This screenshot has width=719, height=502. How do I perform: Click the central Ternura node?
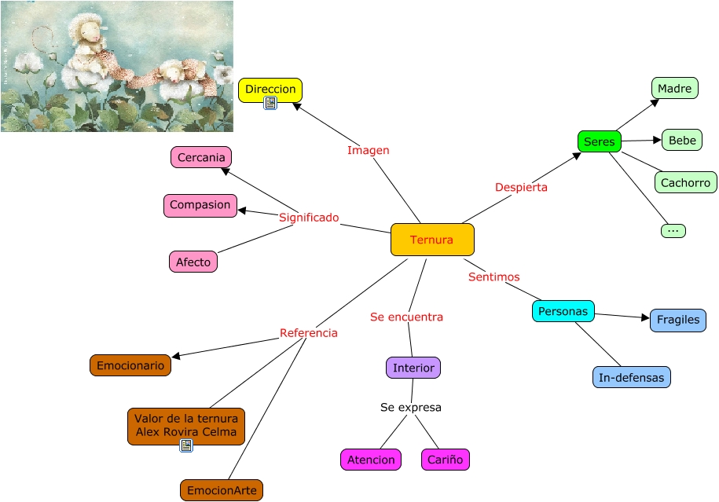pyautogui.click(x=432, y=240)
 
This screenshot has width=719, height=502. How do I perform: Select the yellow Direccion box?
pyautogui.click(x=270, y=88)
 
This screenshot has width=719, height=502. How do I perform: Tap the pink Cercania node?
pyautogui.click(x=201, y=157)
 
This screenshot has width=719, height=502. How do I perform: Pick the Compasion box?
pyautogui.click(x=200, y=205)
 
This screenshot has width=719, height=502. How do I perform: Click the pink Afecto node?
pyautogui.click(x=193, y=262)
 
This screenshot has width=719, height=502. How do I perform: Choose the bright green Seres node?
pyautogui.click(x=599, y=141)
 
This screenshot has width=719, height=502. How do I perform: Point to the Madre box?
pyautogui.click(x=674, y=88)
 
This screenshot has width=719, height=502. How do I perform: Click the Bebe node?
pyautogui.click(x=681, y=140)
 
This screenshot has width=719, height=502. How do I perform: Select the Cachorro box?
pyautogui.click(x=685, y=182)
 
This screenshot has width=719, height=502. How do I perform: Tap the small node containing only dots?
pyautogui.click(x=673, y=230)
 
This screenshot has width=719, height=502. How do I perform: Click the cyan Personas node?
pyautogui.click(x=563, y=311)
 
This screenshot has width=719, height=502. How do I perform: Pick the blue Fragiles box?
pyautogui.click(x=677, y=320)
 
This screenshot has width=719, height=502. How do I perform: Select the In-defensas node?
pyautogui.click(x=631, y=377)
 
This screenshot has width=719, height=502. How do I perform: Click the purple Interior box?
pyautogui.click(x=413, y=367)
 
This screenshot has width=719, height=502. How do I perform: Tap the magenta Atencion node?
pyautogui.click(x=370, y=460)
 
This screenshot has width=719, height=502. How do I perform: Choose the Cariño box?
pyautogui.click(x=445, y=460)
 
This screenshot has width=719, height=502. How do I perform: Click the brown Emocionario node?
pyautogui.click(x=130, y=365)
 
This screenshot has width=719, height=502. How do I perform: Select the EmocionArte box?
pyautogui.click(x=221, y=491)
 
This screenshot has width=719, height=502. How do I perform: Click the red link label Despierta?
pyautogui.click(x=521, y=187)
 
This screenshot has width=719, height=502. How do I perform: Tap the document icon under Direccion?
pyautogui.click(x=270, y=103)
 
